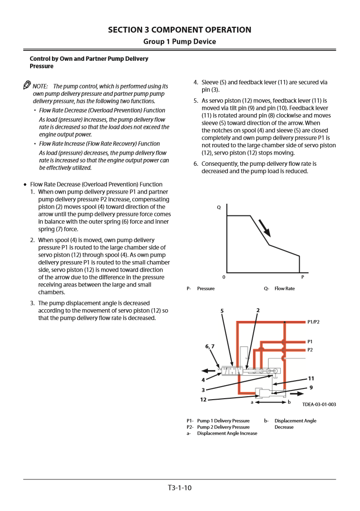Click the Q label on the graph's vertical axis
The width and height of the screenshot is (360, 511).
tap(219, 207)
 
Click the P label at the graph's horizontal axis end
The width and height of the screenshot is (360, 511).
tap(303, 277)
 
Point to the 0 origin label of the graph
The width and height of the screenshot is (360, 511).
tap(223, 277)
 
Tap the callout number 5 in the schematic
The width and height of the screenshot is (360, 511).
tap(222, 311)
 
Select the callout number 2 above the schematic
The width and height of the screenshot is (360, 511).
tap(258, 310)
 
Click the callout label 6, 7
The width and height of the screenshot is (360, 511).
tap(209, 346)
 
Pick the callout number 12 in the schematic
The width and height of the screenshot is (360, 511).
tap(204, 400)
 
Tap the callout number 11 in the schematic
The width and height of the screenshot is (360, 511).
tap(311, 378)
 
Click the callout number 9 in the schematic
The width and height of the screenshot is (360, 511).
tap(311, 388)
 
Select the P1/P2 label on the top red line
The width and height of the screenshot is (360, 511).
tap(313, 322)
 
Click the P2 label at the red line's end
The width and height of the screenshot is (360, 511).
tap(310, 350)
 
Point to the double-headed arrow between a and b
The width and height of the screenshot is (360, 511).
tap(270, 402)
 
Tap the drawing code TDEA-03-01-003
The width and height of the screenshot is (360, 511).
tap(319, 405)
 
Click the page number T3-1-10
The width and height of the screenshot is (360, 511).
tap(180, 488)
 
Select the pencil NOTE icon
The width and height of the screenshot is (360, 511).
tap(27, 85)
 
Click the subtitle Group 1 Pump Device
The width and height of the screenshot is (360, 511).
tap(180, 41)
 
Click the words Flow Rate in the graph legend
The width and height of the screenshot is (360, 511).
tap(285, 288)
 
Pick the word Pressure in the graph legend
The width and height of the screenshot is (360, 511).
tap(206, 288)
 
